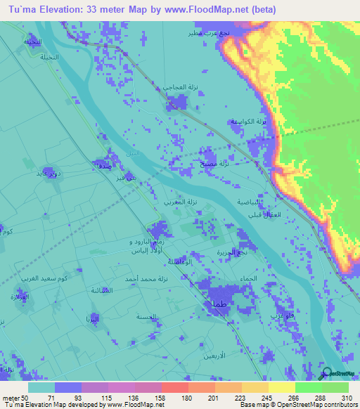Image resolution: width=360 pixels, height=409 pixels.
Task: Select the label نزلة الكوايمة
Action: [250, 122]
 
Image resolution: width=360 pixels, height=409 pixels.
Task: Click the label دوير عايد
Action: [58, 172]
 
